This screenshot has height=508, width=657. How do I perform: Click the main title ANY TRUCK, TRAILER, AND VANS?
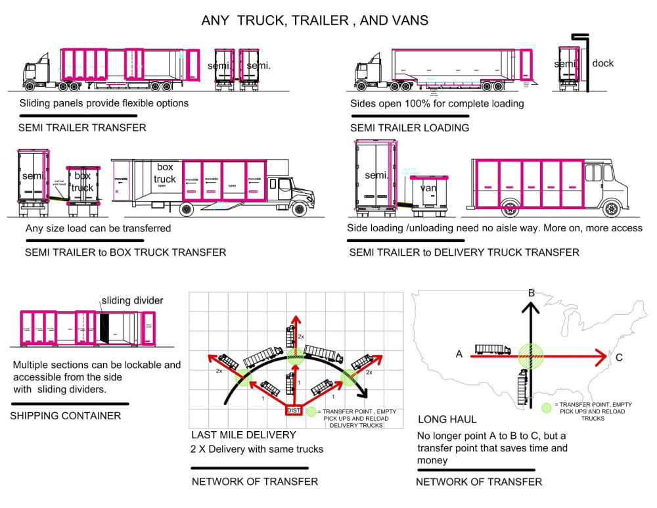pos(315,20)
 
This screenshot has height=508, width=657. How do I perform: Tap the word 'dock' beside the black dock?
pos(602,63)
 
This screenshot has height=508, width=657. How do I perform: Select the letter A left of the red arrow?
pos(459,354)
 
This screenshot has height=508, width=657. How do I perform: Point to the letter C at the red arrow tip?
pos(620,358)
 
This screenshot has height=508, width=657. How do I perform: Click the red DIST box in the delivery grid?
pos(294,410)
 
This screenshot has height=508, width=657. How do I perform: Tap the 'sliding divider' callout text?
pos(132,301)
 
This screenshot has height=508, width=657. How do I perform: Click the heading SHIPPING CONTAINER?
pos(66,415)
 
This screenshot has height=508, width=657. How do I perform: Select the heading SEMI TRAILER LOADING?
pos(409,127)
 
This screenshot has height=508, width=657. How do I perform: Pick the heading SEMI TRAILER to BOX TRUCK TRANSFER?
pos(125,252)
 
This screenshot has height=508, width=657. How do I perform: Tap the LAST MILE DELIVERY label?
pos(244,434)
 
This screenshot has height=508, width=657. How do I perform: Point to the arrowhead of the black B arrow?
pos(532,306)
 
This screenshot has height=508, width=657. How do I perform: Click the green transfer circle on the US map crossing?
pos(532,356)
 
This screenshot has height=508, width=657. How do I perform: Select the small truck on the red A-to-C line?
pos(493,349)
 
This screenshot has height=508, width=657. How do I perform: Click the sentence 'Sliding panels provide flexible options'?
pos(104,103)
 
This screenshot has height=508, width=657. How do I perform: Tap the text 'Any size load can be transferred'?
pos(98,228)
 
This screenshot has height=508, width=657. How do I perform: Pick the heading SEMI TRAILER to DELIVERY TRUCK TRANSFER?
pos(464,252)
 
